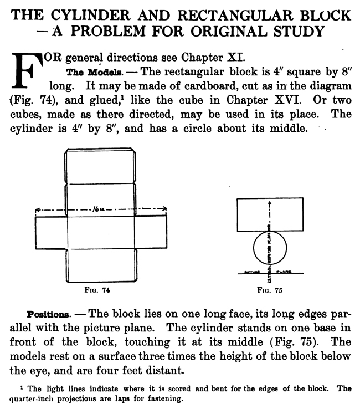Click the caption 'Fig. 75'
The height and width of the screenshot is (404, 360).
[x=269, y=289]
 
